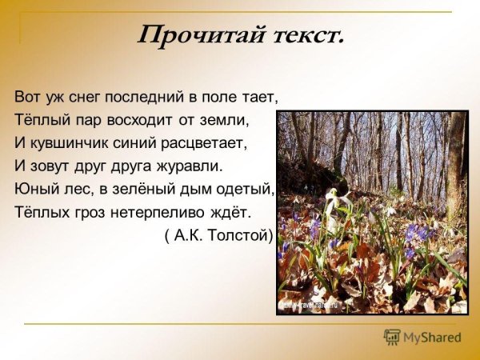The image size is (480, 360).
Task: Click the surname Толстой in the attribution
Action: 244,237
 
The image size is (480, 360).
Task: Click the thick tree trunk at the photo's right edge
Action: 456,160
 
